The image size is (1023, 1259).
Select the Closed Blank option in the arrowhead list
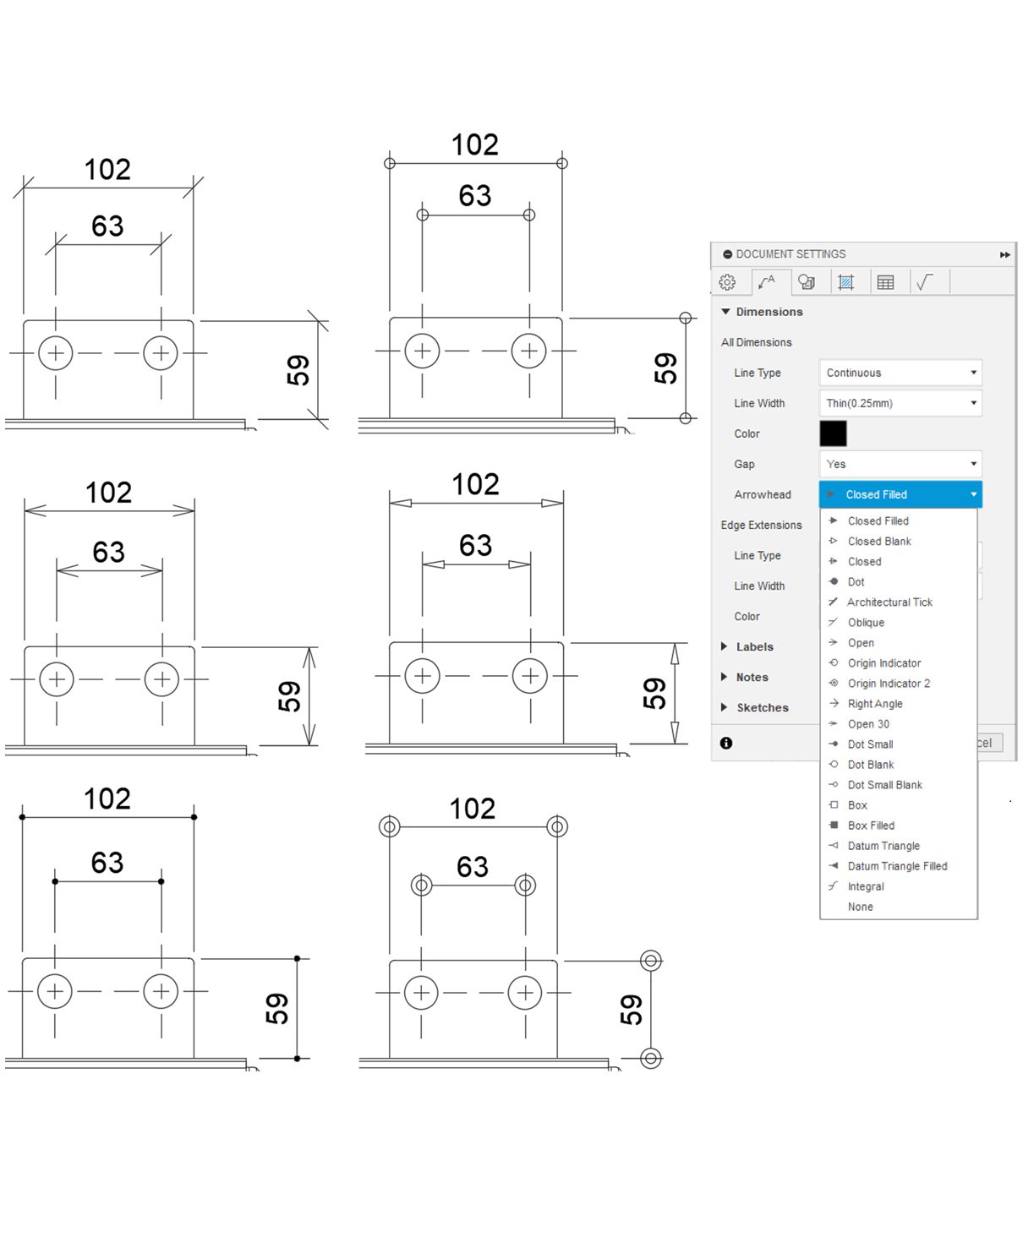coord(879,541)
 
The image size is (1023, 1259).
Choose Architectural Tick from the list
coord(889,602)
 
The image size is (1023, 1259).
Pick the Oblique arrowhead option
coord(866,622)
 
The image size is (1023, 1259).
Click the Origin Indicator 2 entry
coord(889,683)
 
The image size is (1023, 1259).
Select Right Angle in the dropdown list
coord(875,703)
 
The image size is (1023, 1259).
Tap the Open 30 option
coord(868,723)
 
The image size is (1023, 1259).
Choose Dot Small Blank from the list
coord(884,784)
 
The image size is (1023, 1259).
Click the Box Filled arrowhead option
coord(871,825)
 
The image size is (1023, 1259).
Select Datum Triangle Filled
coord(897,865)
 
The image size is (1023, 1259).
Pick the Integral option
coord(866,886)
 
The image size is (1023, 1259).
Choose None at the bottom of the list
coord(861,906)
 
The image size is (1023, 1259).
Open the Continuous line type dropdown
coord(900,373)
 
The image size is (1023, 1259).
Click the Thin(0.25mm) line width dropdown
coord(900,403)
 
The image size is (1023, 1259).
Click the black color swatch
coord(833,433)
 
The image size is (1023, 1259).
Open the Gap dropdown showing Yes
coord(900,464)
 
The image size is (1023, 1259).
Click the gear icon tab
coord(727,282)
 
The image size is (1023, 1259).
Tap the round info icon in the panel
coord(726,743)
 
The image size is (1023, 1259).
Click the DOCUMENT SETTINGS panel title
coord(790,253)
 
